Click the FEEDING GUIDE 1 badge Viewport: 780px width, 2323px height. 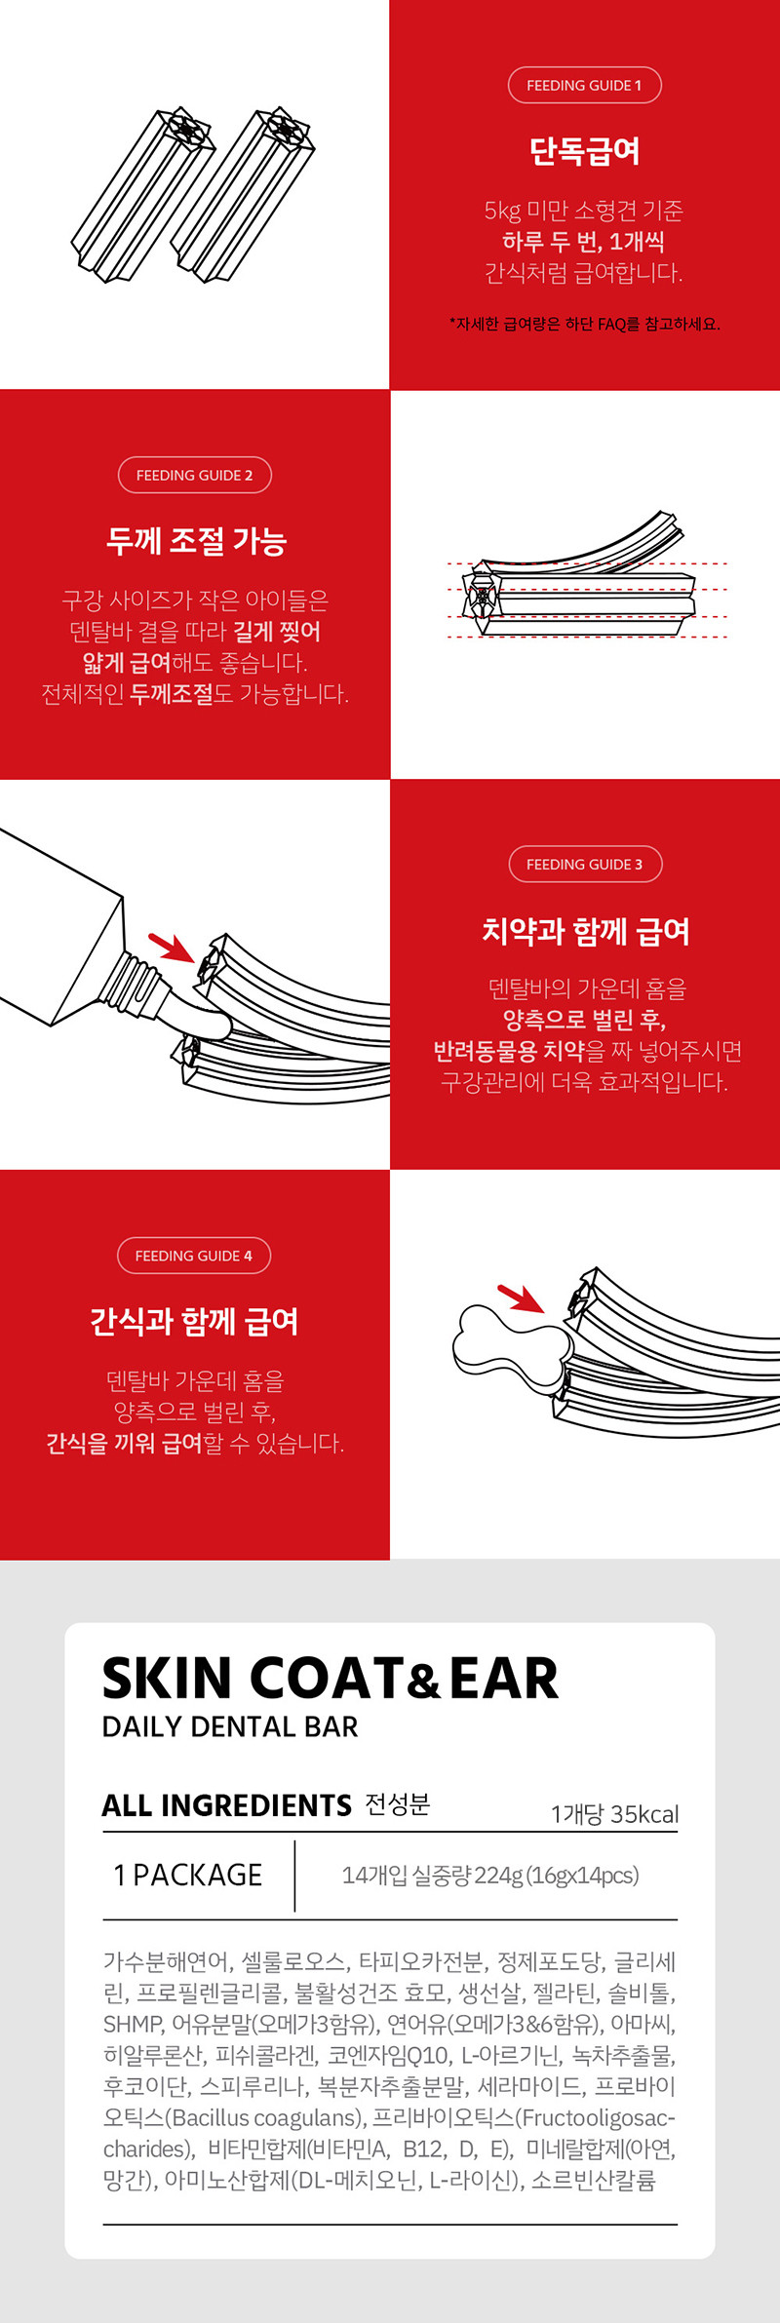(x=584, y=85)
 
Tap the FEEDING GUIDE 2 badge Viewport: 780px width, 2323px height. (x=195, y=475)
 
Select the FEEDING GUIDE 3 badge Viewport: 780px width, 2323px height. (x=585, y=864)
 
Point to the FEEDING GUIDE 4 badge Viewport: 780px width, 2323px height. (x=194, y=1256)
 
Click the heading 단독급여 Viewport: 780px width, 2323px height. (x=585, y=151)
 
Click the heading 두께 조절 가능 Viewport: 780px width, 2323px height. (x=196, y=541)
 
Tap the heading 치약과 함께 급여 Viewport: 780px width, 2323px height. (x=586, y=931)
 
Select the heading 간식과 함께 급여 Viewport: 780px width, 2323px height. (x=194, y=1322)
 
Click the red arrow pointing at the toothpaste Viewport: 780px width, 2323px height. (x=172, y=947)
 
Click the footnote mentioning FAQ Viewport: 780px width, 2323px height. (x=585, y=324)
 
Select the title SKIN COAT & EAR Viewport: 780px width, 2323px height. (x=331, y=1678)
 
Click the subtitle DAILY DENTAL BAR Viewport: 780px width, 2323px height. (x=230, y=1726)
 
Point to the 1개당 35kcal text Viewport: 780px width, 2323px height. (x=614, y=1814)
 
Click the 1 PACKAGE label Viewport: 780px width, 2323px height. (x=187, y=1875)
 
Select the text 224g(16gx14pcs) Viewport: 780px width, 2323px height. (x=557, y=1876)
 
